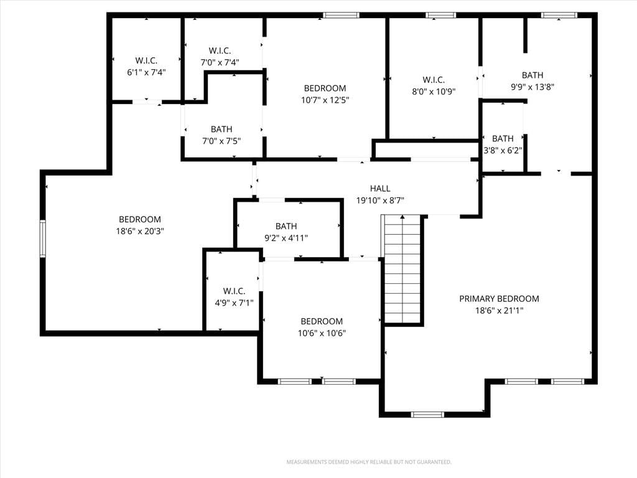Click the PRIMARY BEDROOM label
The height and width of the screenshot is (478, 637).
pyautogui.click(x=500, y=299)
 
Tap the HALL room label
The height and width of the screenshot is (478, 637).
pyautogui.click(x=380, y=189)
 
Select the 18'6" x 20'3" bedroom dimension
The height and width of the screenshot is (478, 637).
pyautogui.click(x=140, y=232)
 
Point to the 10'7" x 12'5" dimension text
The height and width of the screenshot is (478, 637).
pyautogui.click(x=325, y=100)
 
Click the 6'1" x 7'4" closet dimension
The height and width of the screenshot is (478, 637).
pyautogui.click(x=146, y=72)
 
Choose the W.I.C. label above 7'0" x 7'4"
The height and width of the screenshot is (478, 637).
pyautogui.click(x=220, y=51)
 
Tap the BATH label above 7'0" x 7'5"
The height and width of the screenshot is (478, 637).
pyautogui.click(x=221, y=129)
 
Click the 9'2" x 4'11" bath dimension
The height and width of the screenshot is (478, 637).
pyautogui.click(x=286, y=238)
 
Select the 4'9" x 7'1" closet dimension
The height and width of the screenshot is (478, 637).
pyautogui.click(x=234, y=303)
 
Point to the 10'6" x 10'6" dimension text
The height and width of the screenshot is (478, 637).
pyautogui.click(x=322, y=334)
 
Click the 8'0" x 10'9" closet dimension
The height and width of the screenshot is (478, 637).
pyautogui.click(x=434, y=91)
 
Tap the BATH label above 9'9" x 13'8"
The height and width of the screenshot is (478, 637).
pyautogui.click(x=532, y=75)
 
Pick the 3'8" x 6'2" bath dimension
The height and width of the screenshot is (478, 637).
pyautogui.click(x=503, y=151)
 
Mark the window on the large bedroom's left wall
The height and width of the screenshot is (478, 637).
pyautogui.click(x=43, y=238)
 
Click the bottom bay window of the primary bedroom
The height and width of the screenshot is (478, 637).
pyautogui.click(x=428, y=415)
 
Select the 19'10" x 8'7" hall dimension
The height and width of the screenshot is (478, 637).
pyautogui.click(x=380, y=200)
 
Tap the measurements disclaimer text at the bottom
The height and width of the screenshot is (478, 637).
pyautogui.click(x=369, y=462)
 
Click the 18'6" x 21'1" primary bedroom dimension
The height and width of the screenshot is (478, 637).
pyautogui.click(x=500, y=311)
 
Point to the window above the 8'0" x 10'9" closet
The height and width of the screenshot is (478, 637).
pyautogui.click(x=441, y=16)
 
